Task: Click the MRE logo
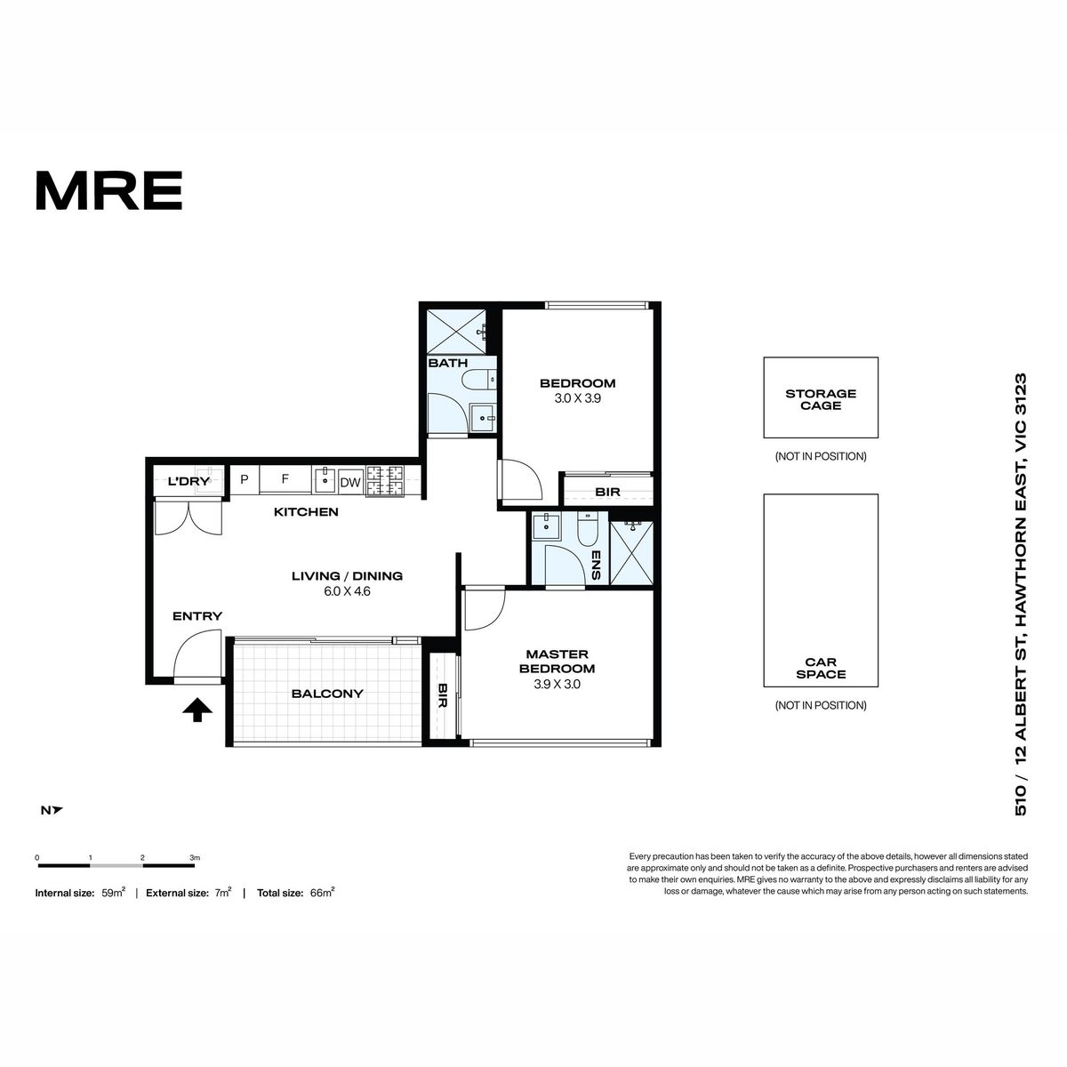point(109,190)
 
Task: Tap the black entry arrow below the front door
point(197,710)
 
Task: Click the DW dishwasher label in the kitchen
point(350,483)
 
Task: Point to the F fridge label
point(285,479)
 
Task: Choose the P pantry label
point(245,479)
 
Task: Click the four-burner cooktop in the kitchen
point(384,481)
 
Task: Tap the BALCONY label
point(327,694)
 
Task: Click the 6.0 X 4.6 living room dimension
point(347,590)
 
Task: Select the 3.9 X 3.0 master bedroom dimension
point(557,684)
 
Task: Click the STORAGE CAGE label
point(821,399)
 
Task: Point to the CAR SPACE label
point(821,668)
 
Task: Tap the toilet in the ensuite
point(587,529)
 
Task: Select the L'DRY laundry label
point(189,481)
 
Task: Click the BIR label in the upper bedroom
point(607,492)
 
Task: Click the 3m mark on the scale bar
point(195,858)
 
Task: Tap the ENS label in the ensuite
point(596,565)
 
